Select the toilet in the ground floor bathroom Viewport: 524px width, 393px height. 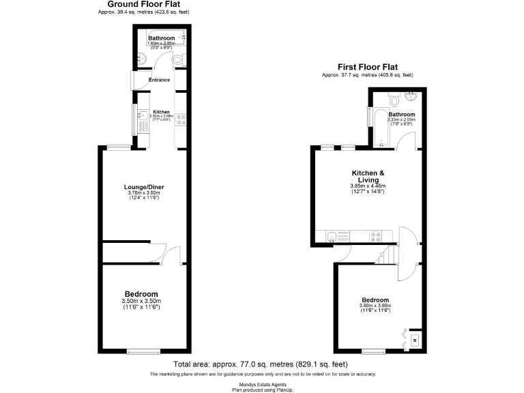pyautogui.click(x=178, y=61)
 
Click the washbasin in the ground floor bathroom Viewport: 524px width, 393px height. pyautogui.click(x=139, y=57)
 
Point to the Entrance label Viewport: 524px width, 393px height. pyautogui.click(x=159, y=80)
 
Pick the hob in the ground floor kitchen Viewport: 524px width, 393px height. pyautogui.click(x=179, y=119)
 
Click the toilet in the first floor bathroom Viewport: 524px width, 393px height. pyautogui.click(x=394, y=100)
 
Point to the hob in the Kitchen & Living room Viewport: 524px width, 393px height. pyautogui.click(x=375, y=237)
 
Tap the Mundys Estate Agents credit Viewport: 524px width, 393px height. pyautogui.click(x=261, y=384)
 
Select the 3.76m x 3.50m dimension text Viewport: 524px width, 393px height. pyautogui.click(x=144, y=193)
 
